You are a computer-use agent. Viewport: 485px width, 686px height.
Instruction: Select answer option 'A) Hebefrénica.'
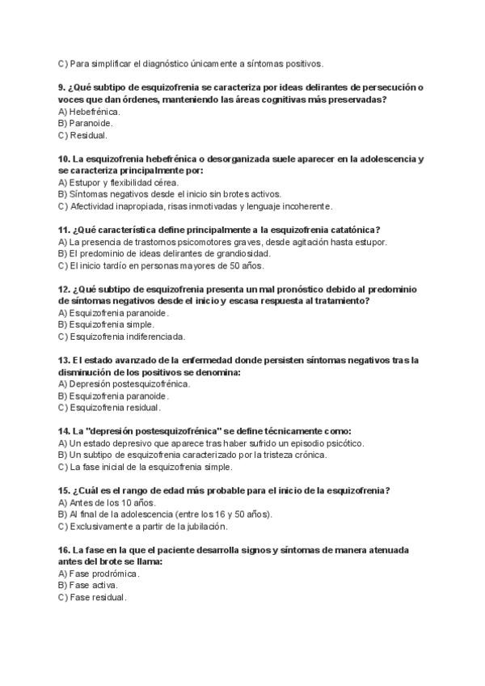click(89, 111)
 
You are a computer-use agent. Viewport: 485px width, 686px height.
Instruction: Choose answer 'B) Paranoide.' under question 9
click(86, 123)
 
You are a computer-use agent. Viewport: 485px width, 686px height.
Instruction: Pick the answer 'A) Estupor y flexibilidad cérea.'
click(119, 182)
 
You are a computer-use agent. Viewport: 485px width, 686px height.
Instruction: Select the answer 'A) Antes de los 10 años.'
click(101, 502)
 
